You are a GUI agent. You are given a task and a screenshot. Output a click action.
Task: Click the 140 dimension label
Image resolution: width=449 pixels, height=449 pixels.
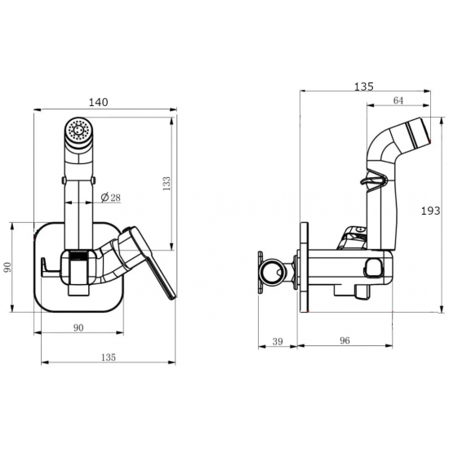pyautogui.click(x=98, y=102)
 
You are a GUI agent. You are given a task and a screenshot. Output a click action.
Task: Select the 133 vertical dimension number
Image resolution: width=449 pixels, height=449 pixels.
pyautogui.click(x=167, y=184)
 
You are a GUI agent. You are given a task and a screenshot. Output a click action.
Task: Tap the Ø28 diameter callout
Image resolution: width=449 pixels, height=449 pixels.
pyautogui.click(x=111, y=198)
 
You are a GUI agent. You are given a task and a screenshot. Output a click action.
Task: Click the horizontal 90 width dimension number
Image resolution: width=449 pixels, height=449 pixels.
pyautogui.click(x=78, y=327)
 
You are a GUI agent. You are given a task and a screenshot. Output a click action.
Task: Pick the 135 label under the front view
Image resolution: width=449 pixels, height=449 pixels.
pyautogui.click(x=109, y=357)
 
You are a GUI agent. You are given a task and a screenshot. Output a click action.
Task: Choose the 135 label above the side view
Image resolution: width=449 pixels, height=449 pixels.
pyautogui.click(x=364, y=87)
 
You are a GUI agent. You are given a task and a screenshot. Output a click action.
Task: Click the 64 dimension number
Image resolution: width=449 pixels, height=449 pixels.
pyautogui.click(x=398, y=100)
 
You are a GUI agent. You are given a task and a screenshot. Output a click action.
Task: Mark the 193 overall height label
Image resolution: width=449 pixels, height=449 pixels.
pyautogui.click(x=430, y=211)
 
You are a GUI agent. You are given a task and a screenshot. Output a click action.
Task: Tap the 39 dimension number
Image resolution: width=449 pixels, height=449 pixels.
pyautogui.click(x=278, y=341)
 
